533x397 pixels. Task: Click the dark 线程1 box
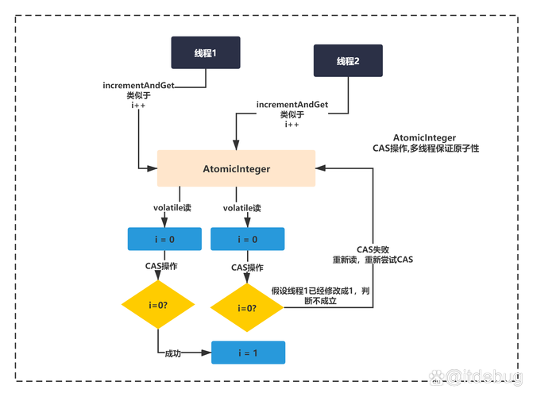206,52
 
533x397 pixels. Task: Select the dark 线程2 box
348,61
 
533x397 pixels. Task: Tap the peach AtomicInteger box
236,168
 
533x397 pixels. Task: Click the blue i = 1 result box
247,352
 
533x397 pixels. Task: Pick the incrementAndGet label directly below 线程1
138,85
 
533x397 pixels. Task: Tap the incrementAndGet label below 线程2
292,105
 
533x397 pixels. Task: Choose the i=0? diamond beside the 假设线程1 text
246,306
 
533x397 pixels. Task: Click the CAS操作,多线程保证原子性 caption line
426,148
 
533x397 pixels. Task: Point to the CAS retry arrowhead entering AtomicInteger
321,168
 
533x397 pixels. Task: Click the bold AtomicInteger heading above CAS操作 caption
424,137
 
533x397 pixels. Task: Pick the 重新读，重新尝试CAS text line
373,260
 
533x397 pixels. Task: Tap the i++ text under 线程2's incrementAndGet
292,124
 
